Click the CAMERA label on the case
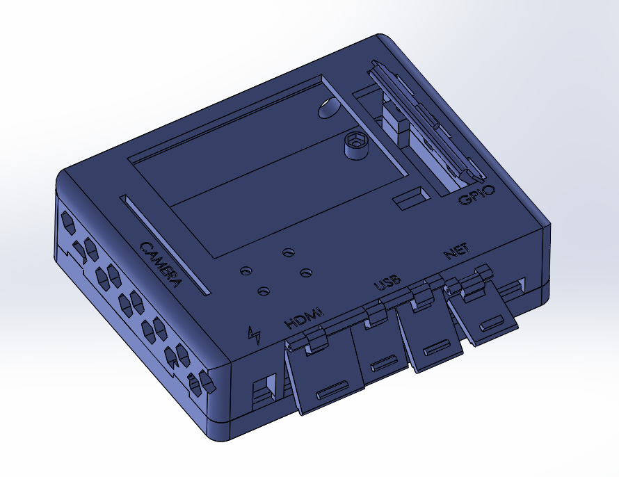pyautogui.click(x=161, y=264)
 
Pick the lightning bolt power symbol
pyautogui.click(x=255, y=335)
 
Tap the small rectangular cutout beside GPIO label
pyautogui.click(x=410, y=197)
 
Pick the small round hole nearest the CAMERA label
pyautogui.click(x=245, y=270)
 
